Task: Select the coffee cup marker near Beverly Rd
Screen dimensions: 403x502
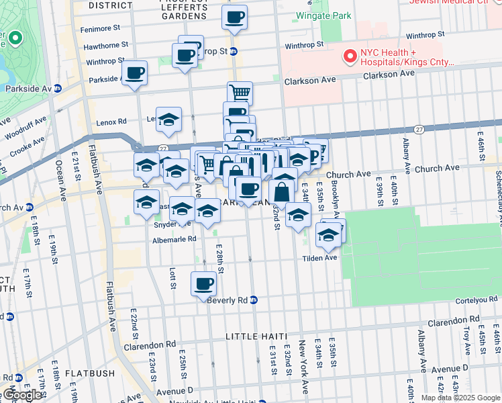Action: pyautogui.click(x=203, y=284)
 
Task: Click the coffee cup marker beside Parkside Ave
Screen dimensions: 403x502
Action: pyautogui.click(x=135, y=73)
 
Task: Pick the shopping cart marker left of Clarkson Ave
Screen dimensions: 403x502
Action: pyautogui.click(x=240, y=93)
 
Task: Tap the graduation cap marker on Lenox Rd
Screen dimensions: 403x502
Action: pyautogui.click(x=168, y=120)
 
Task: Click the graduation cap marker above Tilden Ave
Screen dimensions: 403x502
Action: pyautogui.click(x=328, y=236)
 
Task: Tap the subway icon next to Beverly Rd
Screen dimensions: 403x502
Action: pyautogui.click(x=254, y=300)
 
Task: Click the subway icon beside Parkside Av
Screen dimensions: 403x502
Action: pyautogui.click(x=58, y=88)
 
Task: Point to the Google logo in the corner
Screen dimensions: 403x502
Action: pyautogui.click(x=22, y=395)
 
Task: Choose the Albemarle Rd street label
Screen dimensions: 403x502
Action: pyautogui.click(x=174, y=238)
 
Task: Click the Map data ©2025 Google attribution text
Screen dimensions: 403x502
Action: pyautogui.click(x=460, y=398)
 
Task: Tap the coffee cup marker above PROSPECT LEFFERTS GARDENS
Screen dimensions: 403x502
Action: pyautogui.click(x=234, y=18)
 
